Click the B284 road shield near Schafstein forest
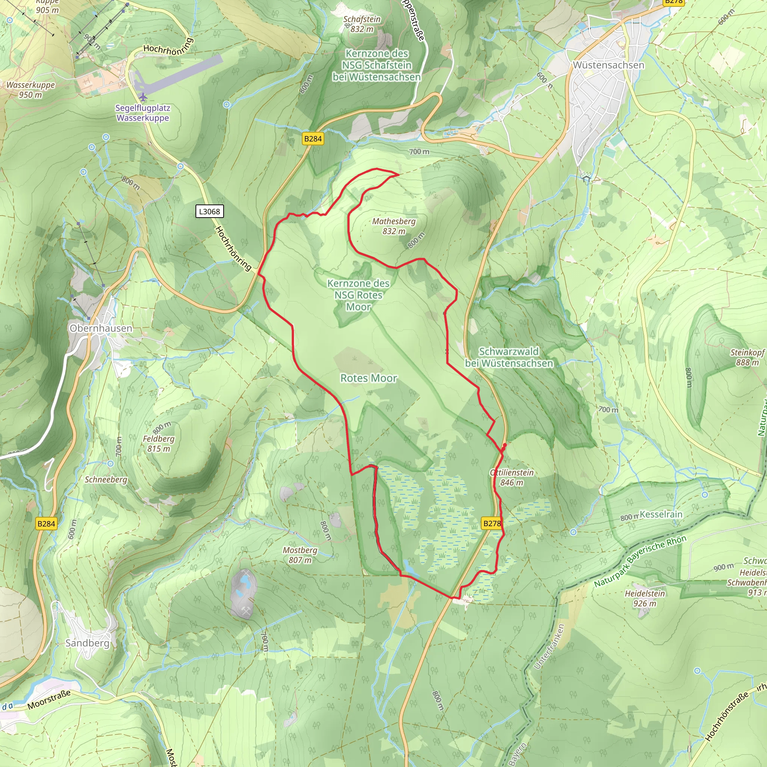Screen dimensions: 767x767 313,139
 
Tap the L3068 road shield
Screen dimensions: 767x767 210,211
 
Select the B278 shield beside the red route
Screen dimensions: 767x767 492,524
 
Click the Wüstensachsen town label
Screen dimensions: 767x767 608,65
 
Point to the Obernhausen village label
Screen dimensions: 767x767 101,328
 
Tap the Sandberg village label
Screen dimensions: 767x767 87,643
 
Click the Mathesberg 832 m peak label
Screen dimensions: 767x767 394,226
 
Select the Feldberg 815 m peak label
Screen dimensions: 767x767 158,443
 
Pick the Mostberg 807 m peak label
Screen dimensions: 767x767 300,555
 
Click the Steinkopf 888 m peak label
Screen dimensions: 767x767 747,357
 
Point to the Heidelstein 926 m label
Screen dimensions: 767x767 645,598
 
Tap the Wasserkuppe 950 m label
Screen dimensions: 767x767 31,90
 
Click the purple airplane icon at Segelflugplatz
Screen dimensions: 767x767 143,97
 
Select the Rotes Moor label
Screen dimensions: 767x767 369,378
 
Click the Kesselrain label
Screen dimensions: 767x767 661,514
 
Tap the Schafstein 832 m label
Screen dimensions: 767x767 362,24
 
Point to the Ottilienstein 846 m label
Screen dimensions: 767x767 512,477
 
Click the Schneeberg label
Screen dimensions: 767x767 106,480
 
